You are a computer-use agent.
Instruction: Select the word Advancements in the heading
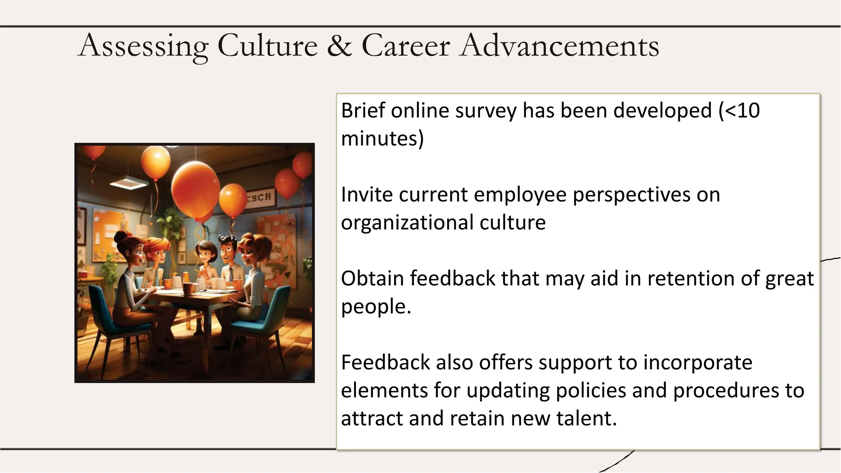(560, 45)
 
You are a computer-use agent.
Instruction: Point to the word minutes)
(382, 138)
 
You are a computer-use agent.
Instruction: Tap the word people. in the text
(376, 306)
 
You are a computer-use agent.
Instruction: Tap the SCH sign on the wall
(260, 197)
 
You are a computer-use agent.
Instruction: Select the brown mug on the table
(189, 288)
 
